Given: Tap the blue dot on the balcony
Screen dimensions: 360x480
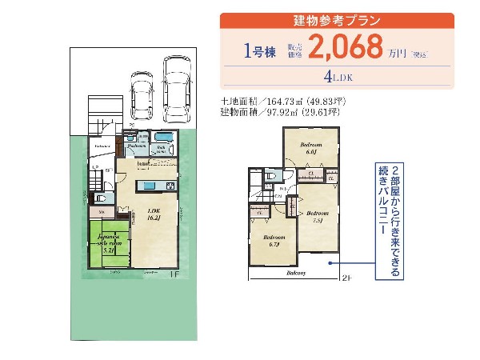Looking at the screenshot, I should (327, 262).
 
